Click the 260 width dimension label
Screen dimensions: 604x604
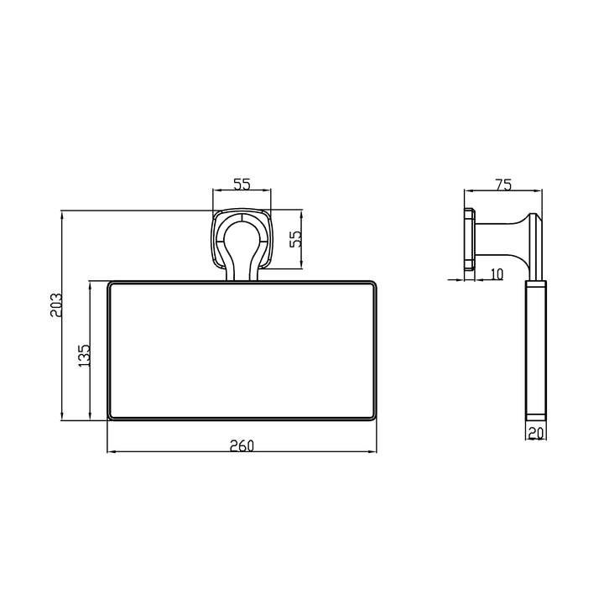(242, 445)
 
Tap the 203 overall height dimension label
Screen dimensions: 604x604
(56, 305)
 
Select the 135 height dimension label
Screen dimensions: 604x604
(84, 355)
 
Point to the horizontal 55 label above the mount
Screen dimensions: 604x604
(242, 184)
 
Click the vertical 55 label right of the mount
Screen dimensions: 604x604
(296, 239)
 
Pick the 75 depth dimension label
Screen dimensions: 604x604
(503, 185)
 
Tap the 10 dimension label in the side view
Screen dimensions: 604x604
(497, 274)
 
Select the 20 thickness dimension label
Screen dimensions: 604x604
(536, 434)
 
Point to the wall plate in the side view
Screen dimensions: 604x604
(469, 239)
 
